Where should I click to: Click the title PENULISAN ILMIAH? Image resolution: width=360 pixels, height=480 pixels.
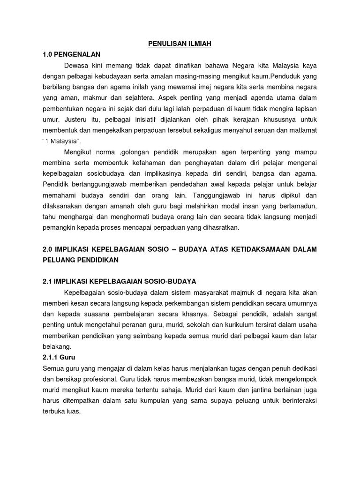180,44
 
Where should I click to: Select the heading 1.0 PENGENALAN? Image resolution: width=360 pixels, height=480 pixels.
71,54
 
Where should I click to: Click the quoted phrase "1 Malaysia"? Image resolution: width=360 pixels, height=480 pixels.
61,141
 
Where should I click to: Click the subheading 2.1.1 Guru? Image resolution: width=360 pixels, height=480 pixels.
59,357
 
